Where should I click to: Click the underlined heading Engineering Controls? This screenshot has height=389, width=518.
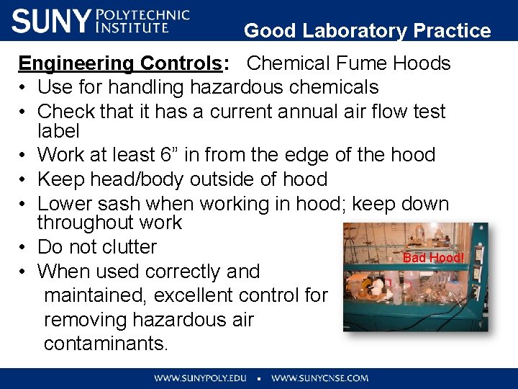(x=120, y=63)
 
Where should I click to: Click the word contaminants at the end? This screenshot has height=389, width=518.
(x=105, y=344)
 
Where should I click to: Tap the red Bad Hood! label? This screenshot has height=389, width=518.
(x=434, y=258)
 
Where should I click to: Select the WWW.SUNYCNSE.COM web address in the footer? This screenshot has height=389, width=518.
(x=319, y=378)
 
